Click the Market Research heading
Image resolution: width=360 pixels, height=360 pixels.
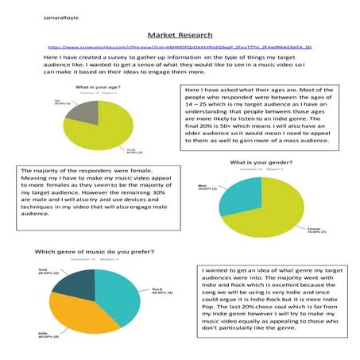pos(180,36)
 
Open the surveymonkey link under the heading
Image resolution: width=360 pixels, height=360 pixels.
pos(180,48)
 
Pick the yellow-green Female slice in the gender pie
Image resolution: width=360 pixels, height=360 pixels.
pos(270,211)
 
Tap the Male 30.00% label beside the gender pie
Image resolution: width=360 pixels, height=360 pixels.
pos(206,188)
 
